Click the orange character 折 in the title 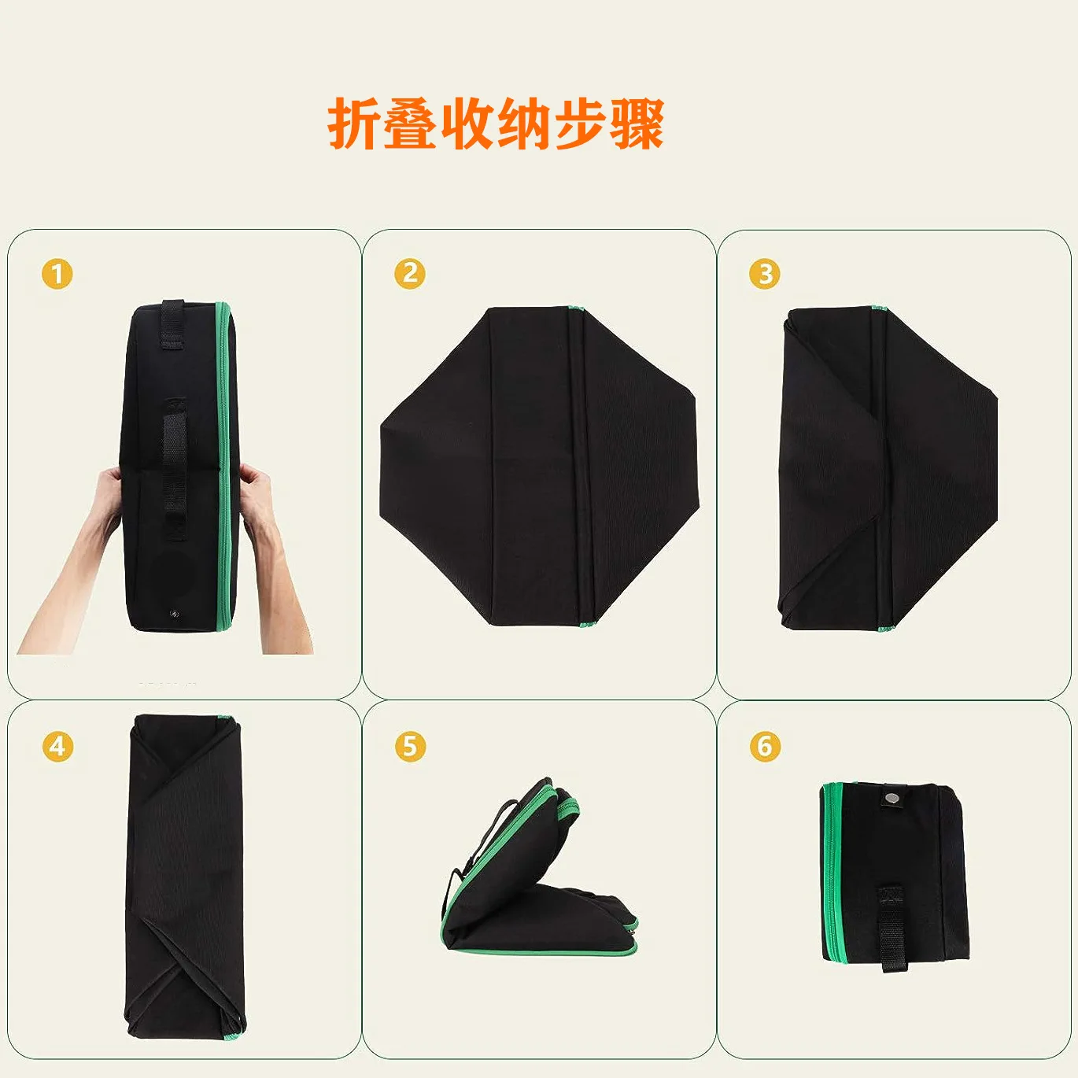354,123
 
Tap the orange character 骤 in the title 637,123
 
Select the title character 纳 523,123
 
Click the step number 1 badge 57,274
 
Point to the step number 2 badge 409,274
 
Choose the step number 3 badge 765,274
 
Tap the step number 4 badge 57,746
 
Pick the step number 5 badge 409,746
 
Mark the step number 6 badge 765,746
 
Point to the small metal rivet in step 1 173,615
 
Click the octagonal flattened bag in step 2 538,466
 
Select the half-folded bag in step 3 888,469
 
